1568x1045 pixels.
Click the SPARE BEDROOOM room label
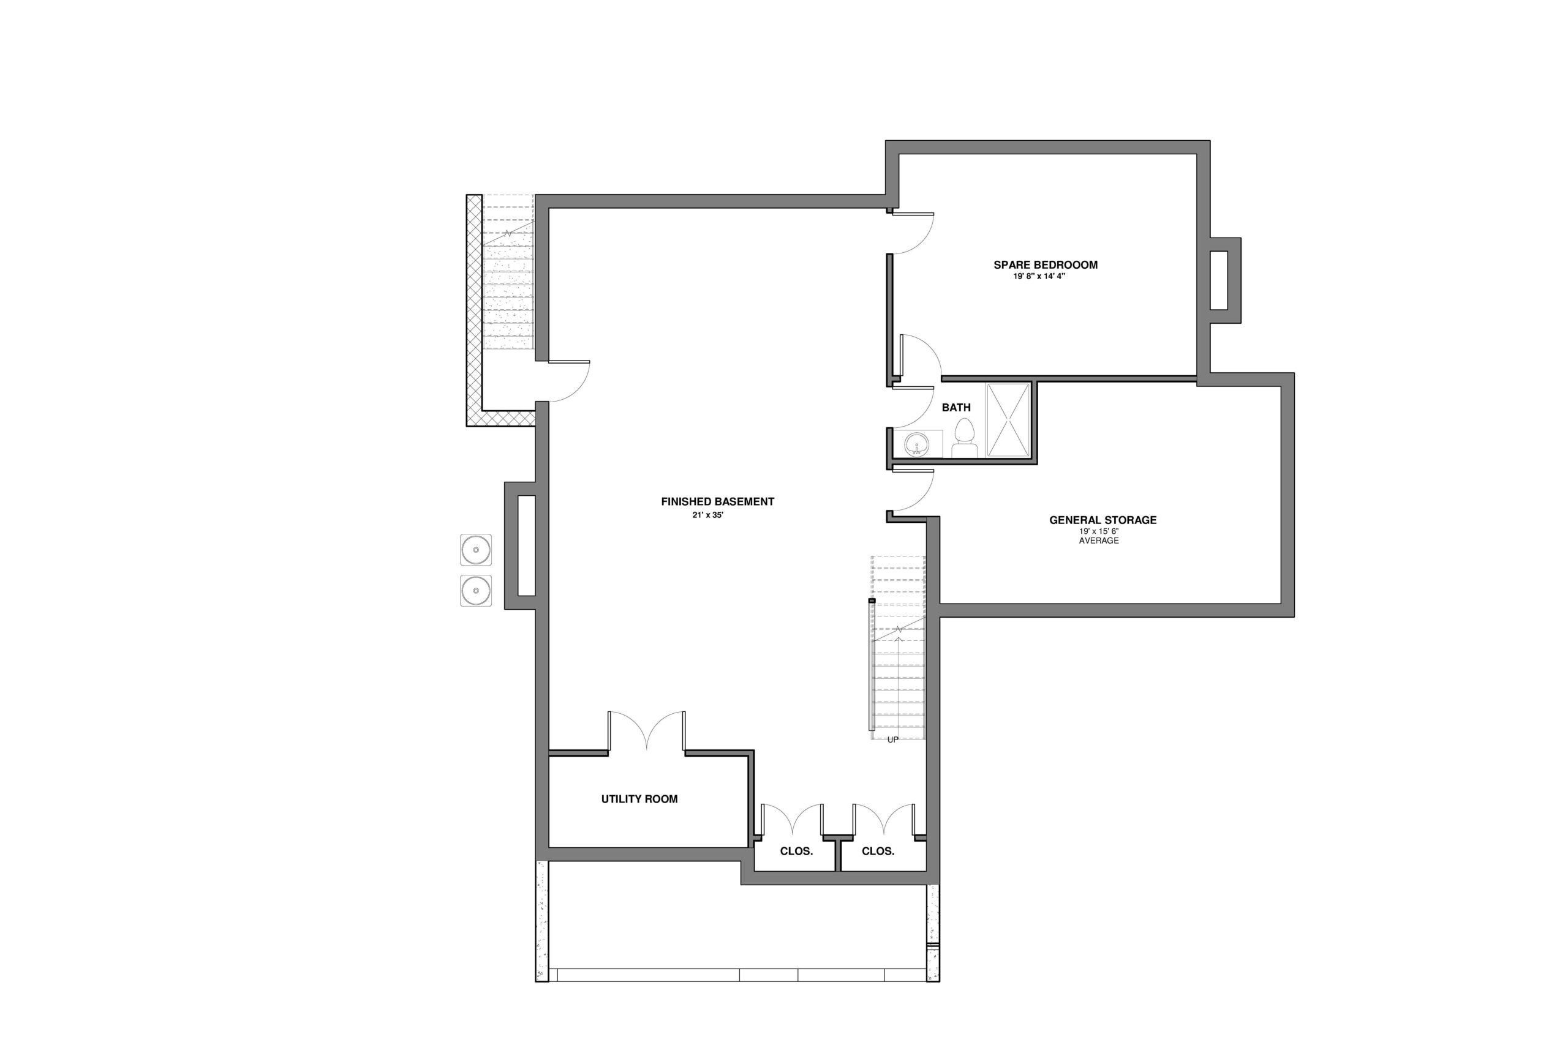(1046, 264)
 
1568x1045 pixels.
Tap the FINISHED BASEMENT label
(717, 501)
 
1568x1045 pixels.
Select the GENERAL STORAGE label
(1102, 520)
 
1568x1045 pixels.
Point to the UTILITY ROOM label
(639, 798)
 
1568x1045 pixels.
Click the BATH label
(956, 407)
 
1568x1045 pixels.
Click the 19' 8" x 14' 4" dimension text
(1039, 276)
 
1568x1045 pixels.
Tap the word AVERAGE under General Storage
(1099, 541)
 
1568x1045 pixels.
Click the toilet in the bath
(964, 438)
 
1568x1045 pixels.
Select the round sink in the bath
(918, 443)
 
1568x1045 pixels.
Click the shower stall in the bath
(1008, 420)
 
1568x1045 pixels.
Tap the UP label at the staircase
(892, 739)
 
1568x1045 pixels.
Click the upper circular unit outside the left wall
(476, 550)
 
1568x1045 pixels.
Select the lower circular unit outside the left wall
(476, 591)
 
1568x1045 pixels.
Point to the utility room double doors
(646, 731)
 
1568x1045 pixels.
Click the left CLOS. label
(797, 851)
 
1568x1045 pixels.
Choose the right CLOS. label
(878, 851)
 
